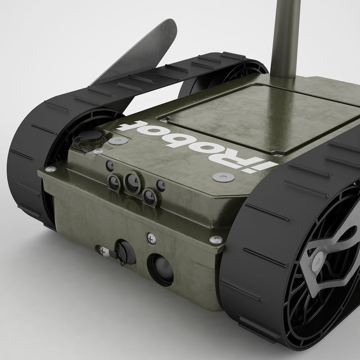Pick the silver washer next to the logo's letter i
224,177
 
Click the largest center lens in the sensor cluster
132,182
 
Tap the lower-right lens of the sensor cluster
149,196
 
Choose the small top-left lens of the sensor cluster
110,166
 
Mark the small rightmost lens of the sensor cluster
160,185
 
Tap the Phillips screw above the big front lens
151,236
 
